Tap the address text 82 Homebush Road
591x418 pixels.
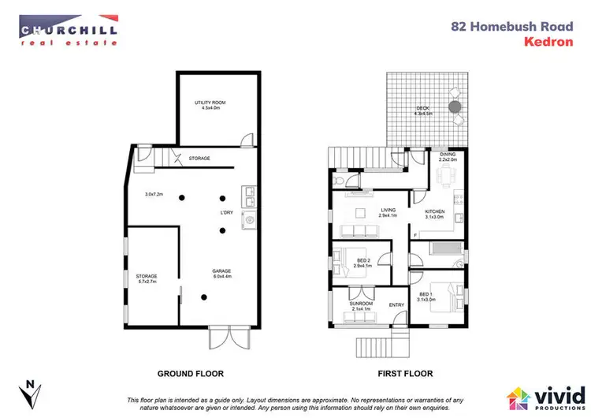click(x=500, y=25)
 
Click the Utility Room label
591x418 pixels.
click(x=209, y=106)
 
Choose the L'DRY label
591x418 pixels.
click(x=226, y=211)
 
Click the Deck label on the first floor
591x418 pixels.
click(x=423, y=111)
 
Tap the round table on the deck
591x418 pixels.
click(x=455, y=106)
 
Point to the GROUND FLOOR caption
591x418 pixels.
click(x=191, y=373)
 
